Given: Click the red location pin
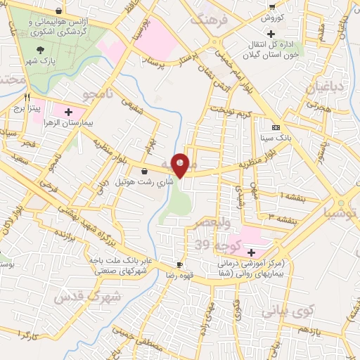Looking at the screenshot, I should tap(181, 165).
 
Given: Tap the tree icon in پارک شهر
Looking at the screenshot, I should tap(41, 50).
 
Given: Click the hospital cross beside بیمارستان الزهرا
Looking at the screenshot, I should tap(69, 111).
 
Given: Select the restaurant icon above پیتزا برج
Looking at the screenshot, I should tap(27, 98).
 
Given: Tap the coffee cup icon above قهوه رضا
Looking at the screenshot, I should tap(179, 264).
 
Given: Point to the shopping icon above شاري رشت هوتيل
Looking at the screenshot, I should tap(144, 171).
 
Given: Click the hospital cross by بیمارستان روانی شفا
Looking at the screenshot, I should tap(251, 251).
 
